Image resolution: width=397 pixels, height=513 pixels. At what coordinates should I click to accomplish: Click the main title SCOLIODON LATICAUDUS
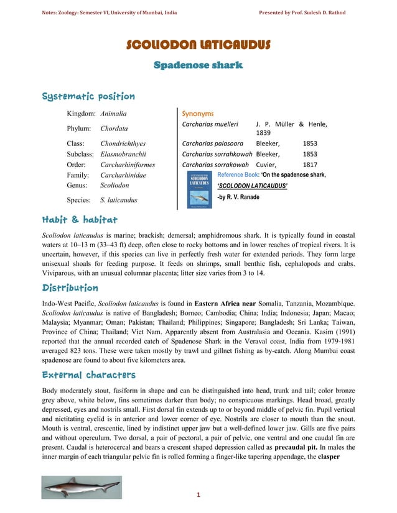pyautogui.click(x=198, y=45)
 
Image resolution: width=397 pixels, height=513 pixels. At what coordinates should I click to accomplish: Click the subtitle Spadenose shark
pyautogui.click(x=198, y=65)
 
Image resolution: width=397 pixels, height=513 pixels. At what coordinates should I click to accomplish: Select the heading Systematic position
pyautogui.click(x=88, y=97)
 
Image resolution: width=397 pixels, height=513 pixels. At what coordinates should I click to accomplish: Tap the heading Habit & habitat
pyautogui.click(x=80, y=220)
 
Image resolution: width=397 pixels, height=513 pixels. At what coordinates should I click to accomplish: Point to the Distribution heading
pyautogui.click(x=70, y=288)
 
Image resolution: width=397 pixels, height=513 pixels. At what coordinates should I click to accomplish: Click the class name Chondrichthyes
pyautogui.click(x=123, y=143)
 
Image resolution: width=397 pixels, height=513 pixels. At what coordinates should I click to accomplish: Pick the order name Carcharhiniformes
pyautogui.click(x=127, y=165)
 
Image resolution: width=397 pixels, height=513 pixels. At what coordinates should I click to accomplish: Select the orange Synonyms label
pyautogui.click(x=197, y=114)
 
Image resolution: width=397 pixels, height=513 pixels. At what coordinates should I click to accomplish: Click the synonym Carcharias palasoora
pyautogui.click(x=212, y=143)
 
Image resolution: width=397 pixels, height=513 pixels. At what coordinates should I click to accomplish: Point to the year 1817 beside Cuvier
pyautogui.click(x=309, y=165)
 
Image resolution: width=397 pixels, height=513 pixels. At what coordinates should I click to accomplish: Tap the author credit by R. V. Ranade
pyautogui.click(x=238, y=197)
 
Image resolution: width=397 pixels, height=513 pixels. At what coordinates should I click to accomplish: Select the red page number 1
pyautogui.click(x=198, y=495)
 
